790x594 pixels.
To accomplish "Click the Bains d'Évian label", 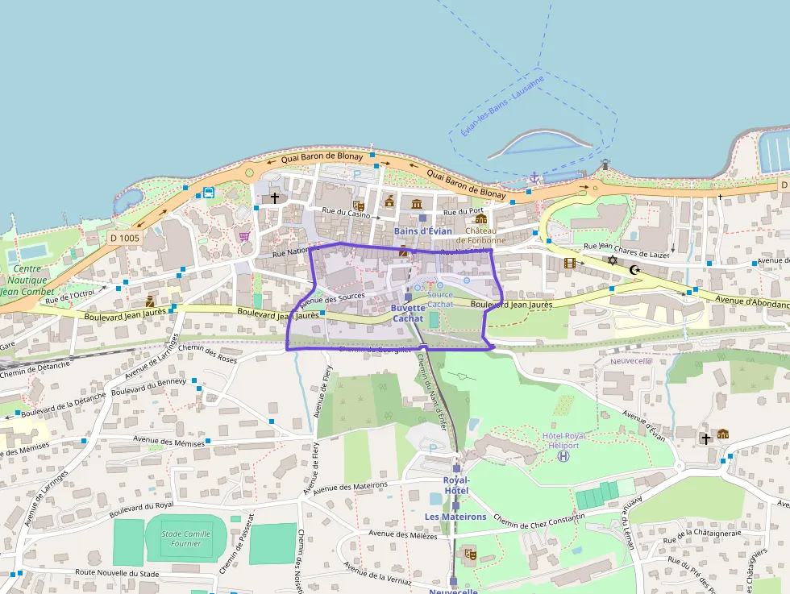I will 423,231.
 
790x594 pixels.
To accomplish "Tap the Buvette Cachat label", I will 408,314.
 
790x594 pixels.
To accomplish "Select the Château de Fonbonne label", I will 481,235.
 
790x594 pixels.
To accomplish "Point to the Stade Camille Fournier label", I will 185,538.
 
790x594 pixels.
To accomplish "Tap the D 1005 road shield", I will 125,238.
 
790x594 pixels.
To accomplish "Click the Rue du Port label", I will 463,211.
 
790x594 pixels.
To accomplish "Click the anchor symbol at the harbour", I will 533,177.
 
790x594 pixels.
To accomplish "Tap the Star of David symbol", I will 613,260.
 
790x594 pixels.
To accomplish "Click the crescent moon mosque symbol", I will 634,269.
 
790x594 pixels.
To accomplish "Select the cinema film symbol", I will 571,263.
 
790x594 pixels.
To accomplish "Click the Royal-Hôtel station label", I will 455,485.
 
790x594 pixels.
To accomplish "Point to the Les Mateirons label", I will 455,517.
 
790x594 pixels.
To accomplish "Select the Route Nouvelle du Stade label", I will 117,572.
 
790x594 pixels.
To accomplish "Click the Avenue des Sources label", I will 332,300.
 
